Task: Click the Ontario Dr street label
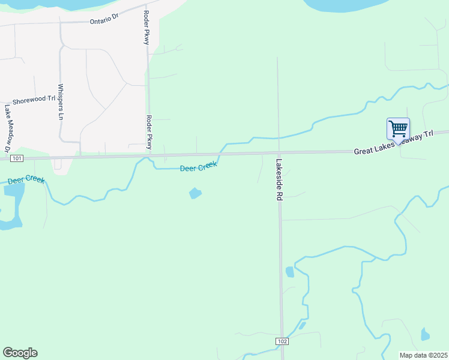(104, 20)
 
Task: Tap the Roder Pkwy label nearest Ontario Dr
(145, 28)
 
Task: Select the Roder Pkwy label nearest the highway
(148, 132)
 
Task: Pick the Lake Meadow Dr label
(8, 128)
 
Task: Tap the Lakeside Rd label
(279, 179)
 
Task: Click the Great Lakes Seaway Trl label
(393, 143)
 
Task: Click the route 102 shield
(283, 341)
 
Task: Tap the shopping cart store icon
(398, 128)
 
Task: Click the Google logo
(20, 352)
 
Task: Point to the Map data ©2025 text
(423, 355)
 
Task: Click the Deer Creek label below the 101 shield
(26, 179)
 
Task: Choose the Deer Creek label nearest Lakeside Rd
(198, 168)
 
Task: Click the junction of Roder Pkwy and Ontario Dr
(146, 19)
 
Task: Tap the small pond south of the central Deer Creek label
(195, 193)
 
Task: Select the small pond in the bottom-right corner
(425, 334)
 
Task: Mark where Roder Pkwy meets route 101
(148, 156)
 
